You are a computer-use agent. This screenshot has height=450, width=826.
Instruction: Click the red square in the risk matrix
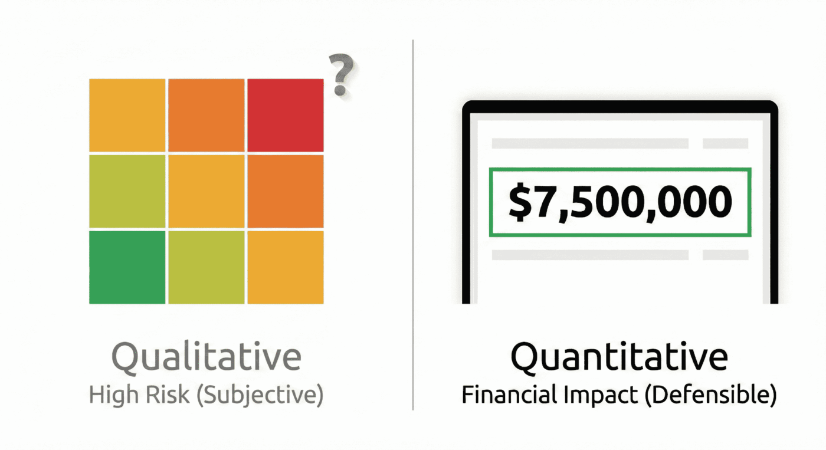(285, 115)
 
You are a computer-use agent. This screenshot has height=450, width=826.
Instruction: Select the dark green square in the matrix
(127, 267)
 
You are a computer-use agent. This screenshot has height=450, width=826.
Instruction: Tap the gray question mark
(342, 75)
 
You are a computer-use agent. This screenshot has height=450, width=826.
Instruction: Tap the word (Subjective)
(259, 395)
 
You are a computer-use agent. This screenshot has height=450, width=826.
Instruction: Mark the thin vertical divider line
(413, 224)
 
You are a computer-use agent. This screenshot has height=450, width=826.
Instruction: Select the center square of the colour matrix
(206, 190)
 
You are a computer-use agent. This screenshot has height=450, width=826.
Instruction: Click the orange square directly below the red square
(285, 190)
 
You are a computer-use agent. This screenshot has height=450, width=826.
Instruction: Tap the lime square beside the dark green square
(206, 267)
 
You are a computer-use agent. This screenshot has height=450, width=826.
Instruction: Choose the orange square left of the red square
(206, 115)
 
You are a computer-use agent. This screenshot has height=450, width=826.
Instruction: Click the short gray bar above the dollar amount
(725, 143)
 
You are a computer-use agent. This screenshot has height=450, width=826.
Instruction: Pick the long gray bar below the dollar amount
(590, 255)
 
